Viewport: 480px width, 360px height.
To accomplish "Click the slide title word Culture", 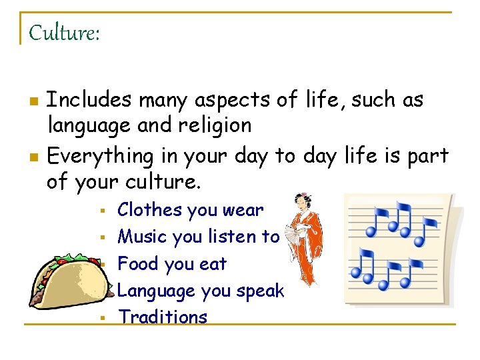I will [63, 32].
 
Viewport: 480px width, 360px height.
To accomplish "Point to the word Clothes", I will [149, 210].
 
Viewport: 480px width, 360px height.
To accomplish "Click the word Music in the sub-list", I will [142, 237].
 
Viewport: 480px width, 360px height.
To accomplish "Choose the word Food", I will [138, 264].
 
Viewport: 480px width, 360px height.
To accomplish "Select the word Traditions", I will [163, 317].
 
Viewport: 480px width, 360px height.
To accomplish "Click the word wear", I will [244, 210].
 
